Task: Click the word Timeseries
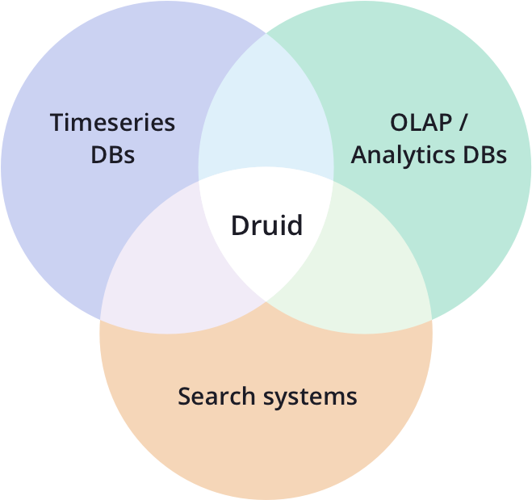pyautogui.click(x=112, y=123)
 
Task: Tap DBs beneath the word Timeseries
pyautogui.click(x=112, y=154)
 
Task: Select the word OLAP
pyautogui.click(x=417, y=123)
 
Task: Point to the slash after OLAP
pyautogui.click(x=463, y=124)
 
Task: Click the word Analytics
pyautogui.click(x=395, y=155)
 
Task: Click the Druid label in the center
pyautogui.click(x=266, y=225)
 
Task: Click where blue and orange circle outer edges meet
pyautogui.click(x=101, y=314)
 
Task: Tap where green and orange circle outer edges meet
pyautogui.click(x=431, y=314)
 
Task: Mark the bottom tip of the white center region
pyautogui.click(x=266, y=303)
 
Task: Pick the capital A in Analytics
pyautogui.click(x=360, y=154)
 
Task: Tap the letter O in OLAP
pyautogui.click(x=400, y=123)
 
